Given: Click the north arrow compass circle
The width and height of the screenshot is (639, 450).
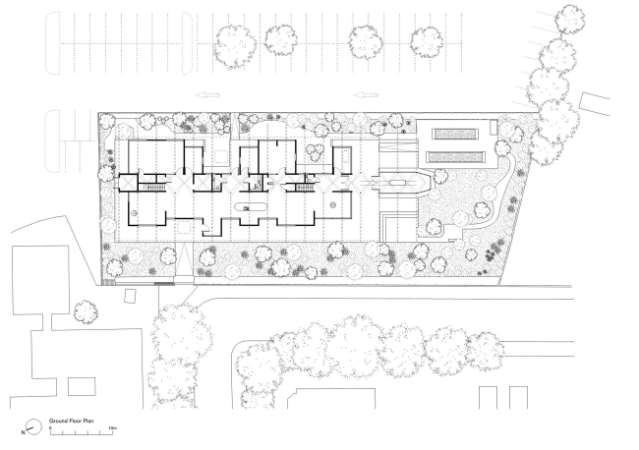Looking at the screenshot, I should click(x=34, y=426).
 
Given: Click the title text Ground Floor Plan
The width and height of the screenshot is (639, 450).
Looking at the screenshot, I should click(x=70, y=420).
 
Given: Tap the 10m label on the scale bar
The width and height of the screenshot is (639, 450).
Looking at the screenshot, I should click(x=113, y=429).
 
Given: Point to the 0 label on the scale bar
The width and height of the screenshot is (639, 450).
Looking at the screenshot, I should click(x=50, y=429).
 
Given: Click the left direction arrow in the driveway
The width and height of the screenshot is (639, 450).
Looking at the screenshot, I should click(x=208, y=96).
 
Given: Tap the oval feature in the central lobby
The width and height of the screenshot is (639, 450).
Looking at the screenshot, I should click(x=247, y=206).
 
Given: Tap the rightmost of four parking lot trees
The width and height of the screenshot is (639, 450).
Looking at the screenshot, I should click(x=428, y=41).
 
